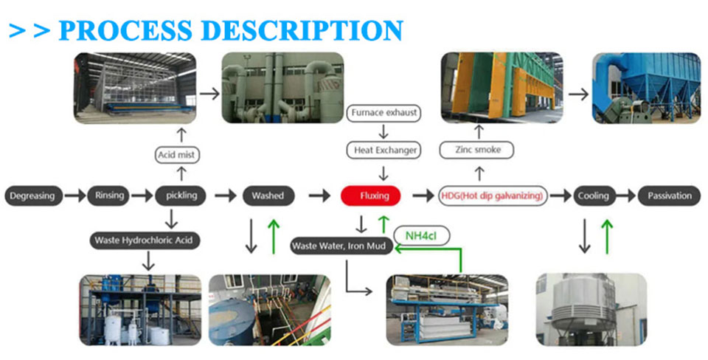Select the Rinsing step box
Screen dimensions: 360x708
click(108, 195)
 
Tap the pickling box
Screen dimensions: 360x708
click(181, 195)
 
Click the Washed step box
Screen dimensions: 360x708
click(268, 195)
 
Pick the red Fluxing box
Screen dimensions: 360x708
click(369, 195)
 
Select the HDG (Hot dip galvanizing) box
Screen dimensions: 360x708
click(493, 195)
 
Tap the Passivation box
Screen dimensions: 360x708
click(670, 195)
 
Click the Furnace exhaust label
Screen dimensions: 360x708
click(383, 114)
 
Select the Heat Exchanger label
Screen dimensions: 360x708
click(383, 150)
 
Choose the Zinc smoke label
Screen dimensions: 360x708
click(476, 150)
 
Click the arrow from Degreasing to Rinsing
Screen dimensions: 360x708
click(74, 195)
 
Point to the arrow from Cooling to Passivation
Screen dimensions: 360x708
click(626, 195)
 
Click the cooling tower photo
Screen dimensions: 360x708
click(591, 309)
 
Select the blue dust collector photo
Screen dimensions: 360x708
click(645, 88)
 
